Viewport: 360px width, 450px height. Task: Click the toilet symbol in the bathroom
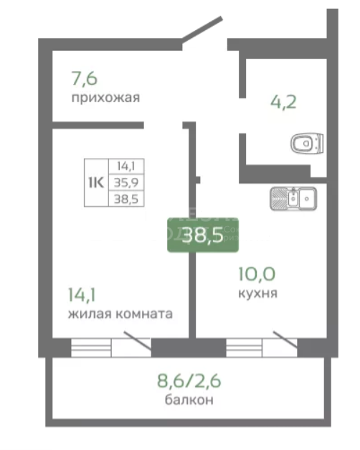307,144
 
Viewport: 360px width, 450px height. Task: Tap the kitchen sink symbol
293,198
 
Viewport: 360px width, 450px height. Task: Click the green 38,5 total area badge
203,235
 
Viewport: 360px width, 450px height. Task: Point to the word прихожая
105,98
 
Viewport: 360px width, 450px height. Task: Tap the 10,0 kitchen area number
257,273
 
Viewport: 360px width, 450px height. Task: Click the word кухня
258,293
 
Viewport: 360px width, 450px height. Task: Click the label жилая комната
120,314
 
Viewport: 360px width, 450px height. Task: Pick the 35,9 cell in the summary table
126,182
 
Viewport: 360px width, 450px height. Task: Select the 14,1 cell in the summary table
126,165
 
